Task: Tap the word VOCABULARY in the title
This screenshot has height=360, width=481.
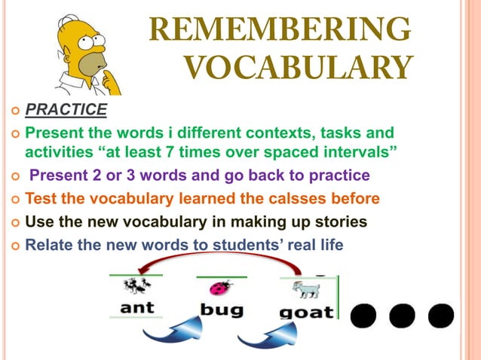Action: point(298,68)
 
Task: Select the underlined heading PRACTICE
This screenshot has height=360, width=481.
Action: point(66,111)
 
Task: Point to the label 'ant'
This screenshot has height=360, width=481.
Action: point(137,307)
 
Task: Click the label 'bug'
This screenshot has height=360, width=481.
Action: point(221,309)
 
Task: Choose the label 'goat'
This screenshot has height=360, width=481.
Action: point(306,310)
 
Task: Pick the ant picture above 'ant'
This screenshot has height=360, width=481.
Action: point(136,286)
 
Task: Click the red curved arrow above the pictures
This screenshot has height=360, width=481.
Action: point(219,261)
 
